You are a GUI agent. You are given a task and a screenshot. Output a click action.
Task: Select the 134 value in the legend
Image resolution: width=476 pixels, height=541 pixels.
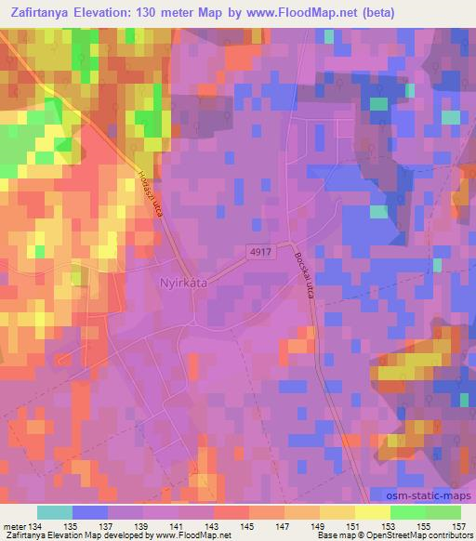[x=36, y=526]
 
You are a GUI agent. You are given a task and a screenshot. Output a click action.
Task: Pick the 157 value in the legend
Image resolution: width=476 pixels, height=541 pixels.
[x=459, y=526]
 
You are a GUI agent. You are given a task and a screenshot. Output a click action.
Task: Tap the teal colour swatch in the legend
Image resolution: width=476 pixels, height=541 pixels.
[x=54, y=512]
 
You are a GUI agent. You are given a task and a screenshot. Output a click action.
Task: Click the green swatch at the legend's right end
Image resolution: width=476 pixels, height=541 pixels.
[x=443, y=512]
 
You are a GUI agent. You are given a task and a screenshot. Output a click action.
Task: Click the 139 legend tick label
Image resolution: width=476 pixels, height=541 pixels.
[x=142, y=526]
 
